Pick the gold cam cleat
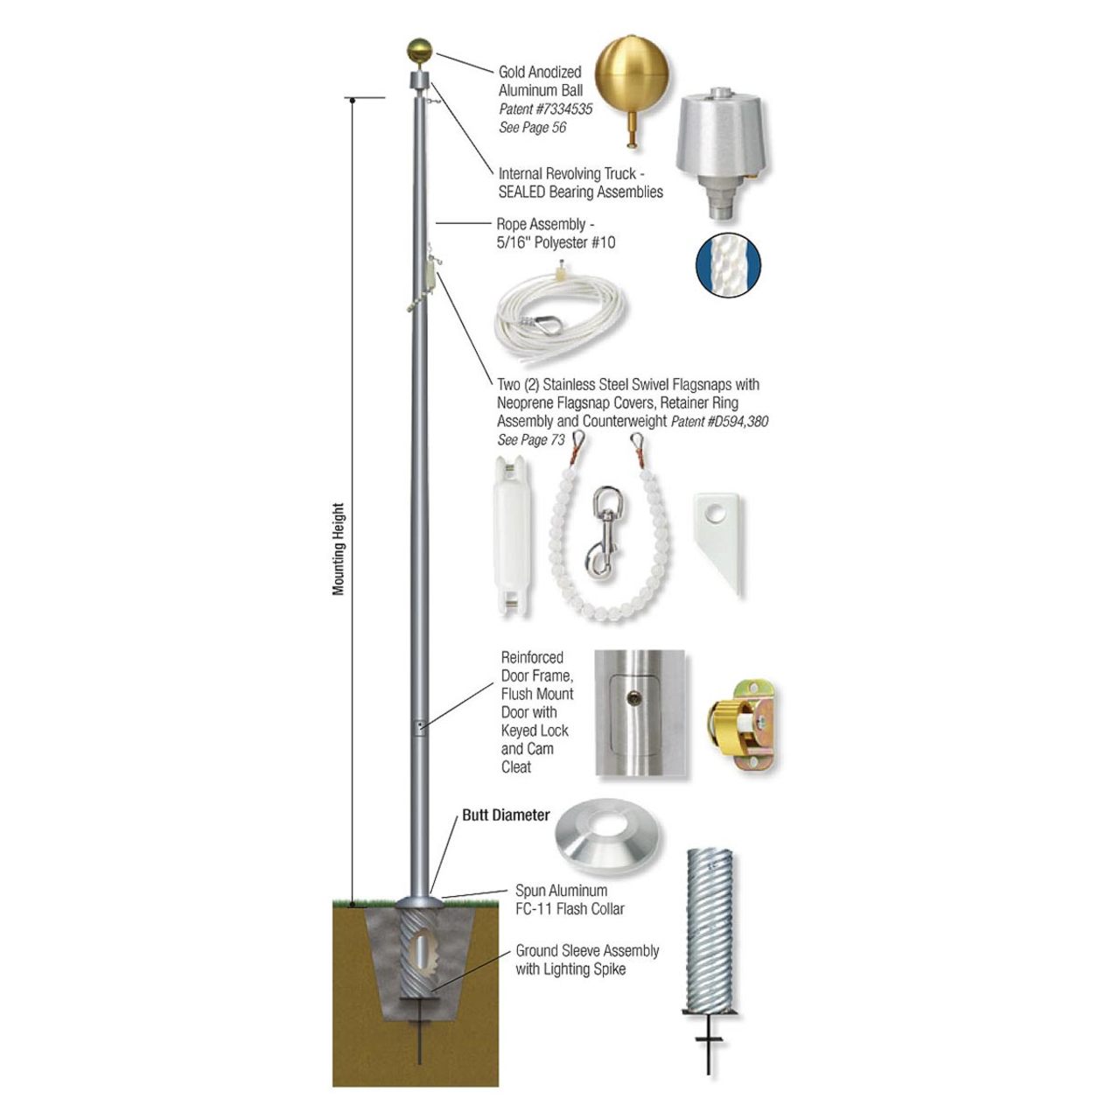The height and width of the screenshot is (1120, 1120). (x=740, y=724)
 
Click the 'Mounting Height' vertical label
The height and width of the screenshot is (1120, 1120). (x=339, y=549)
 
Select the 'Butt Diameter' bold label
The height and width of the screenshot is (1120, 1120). (x=506, y=815)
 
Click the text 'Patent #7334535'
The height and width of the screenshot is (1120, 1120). (x=545, y=109)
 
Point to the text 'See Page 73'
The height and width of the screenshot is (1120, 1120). (x=531, y=440)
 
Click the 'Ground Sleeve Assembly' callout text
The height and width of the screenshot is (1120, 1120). (x=587, y=950)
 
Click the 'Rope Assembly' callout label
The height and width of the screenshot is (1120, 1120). (x=541, y=224)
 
